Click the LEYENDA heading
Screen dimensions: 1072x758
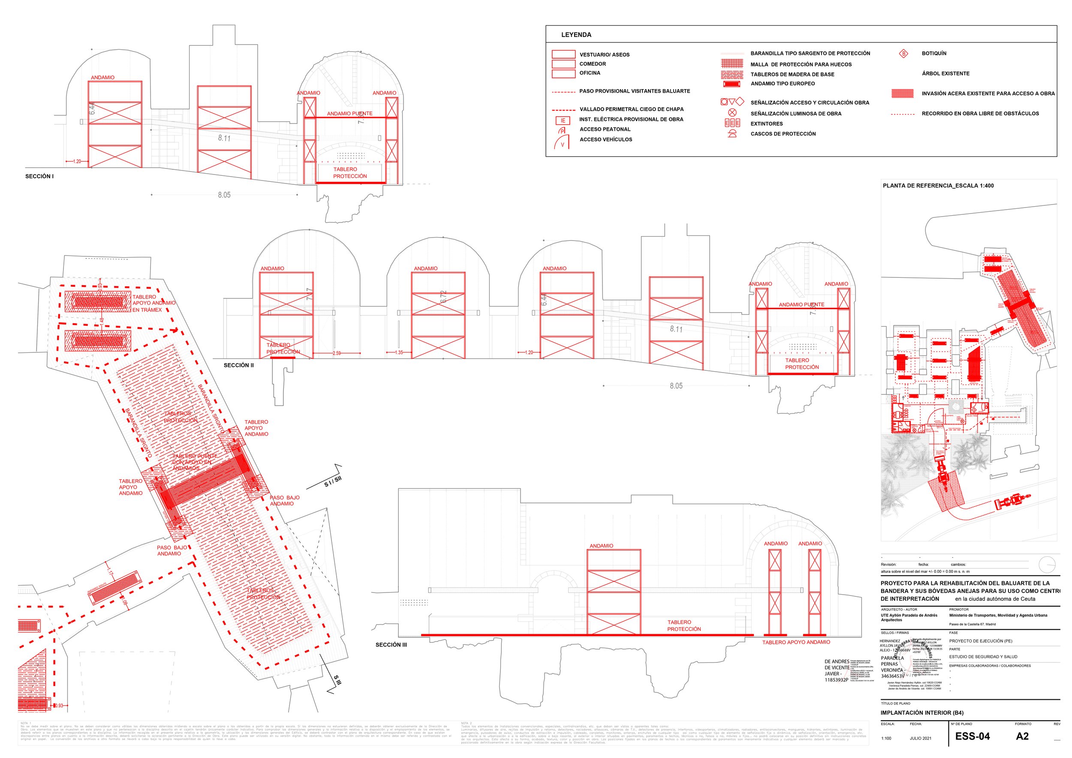point(576,35)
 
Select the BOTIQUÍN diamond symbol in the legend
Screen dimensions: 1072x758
point(903,54)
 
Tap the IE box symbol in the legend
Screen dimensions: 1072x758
point(563,120)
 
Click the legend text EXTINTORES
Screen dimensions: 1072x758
point(767,123)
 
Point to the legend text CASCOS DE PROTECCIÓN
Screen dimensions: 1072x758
point(783,134)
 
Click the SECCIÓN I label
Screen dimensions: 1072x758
point(40,177)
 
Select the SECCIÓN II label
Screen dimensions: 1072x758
point(238,365)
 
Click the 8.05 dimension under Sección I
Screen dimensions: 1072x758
point(224,195)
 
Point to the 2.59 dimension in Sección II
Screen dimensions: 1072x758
point(337,353)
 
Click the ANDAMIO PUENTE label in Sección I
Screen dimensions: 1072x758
point(350,114)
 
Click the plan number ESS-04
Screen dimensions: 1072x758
point(972,736)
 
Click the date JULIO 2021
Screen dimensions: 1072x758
point(920,738)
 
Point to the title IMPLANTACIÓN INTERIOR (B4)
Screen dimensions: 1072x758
point(921,713)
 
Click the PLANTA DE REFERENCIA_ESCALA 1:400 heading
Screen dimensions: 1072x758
point(938,186)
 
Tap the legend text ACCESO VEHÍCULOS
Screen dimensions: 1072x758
point(605,140)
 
